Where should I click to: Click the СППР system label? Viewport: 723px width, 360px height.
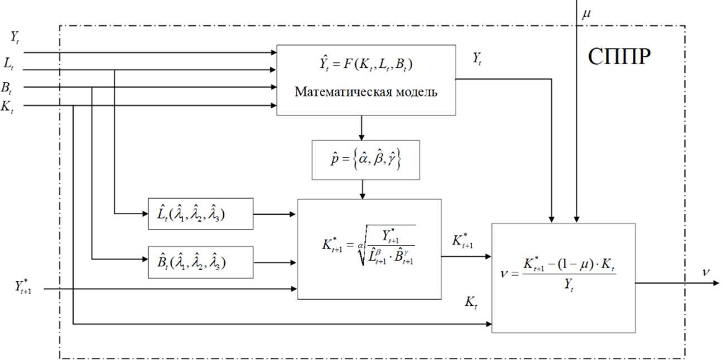click(619, 57)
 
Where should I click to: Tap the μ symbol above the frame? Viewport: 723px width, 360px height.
click(586, 13)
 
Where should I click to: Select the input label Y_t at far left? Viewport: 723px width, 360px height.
click(16, 38)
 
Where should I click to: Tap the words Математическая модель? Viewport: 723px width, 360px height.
click(366, 93)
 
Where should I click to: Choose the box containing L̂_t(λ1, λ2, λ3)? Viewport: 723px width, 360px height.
click(200, 213)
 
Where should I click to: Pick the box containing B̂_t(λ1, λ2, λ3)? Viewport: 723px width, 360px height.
click(200, 261)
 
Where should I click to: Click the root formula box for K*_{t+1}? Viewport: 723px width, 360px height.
click(369, 248)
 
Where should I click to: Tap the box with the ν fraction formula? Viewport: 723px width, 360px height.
click(563, 277)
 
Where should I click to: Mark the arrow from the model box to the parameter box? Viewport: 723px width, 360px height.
click(362, 128)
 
